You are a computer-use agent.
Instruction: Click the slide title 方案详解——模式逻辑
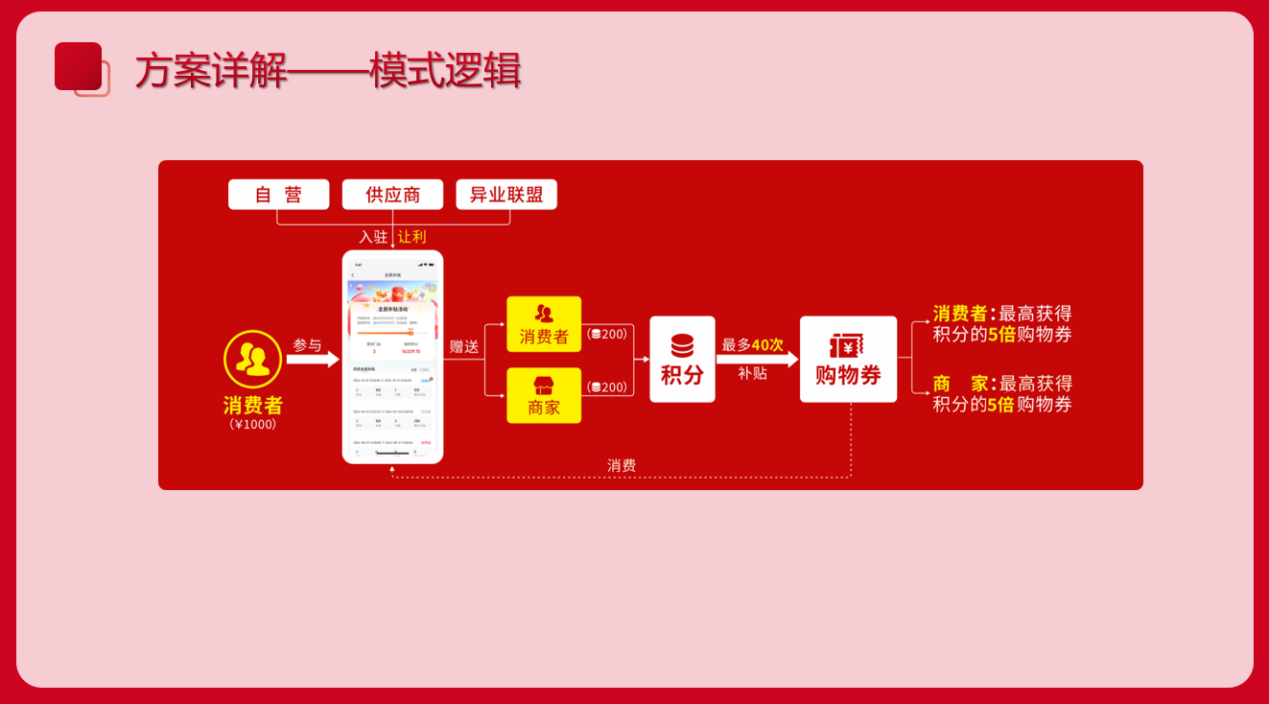(327, 71)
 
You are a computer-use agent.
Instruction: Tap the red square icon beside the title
(79, 67)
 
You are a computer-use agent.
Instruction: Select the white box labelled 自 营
(278, 195)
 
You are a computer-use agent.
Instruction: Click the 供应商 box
(392, 195)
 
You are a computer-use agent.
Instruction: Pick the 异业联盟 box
(506, 195)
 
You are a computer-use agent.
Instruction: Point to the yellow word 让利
(412, 237)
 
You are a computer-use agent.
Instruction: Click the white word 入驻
(373, 237)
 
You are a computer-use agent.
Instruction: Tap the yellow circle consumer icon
(252, 359)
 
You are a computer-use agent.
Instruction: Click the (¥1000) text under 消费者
(253, 424)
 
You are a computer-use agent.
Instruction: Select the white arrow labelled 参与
(313, 360)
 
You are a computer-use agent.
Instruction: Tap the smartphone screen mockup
(392, 357)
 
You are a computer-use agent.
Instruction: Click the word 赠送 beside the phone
(464, 346)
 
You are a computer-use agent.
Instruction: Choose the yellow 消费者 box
(544, 324)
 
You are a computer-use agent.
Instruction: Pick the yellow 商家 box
(544, 395)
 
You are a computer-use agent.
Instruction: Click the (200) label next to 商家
(607, 387)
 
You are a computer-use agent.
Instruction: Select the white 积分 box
(682, 359)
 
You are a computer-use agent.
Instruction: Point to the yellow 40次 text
(767, 344)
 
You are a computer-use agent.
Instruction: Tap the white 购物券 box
(848, 359)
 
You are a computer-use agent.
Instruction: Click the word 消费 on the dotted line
(622, 465)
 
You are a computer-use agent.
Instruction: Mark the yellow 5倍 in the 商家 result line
(1000, 404)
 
